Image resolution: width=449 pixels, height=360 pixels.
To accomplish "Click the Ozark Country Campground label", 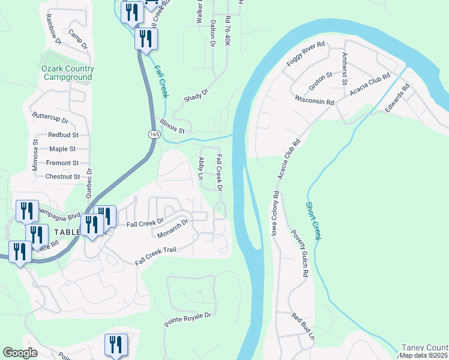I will point(67,73).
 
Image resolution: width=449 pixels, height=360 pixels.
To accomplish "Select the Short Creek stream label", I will point(313,220).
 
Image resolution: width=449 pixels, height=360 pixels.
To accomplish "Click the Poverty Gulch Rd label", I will point(300,253).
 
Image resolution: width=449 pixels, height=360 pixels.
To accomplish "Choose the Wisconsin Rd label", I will point(313,100).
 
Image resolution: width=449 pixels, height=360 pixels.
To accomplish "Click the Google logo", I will point(20,353).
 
